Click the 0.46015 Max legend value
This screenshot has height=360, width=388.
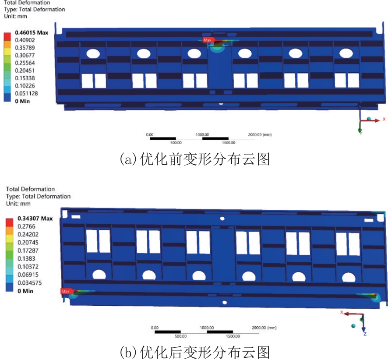32,33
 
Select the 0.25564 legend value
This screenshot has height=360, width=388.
25,63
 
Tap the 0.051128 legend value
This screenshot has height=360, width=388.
26,93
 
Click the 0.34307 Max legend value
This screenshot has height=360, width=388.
35,219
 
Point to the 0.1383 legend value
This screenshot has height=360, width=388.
26,258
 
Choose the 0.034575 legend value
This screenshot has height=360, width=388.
29,283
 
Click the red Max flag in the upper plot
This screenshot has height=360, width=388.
208,40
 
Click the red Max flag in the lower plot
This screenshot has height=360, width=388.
67,291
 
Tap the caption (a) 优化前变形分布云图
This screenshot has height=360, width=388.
195,159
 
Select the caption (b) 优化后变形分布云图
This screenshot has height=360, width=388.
195,352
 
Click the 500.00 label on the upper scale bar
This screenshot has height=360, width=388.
176,143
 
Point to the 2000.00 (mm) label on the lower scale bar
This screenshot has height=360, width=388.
264,328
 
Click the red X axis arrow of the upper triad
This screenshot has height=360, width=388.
370,120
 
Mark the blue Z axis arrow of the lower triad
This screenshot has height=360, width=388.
363,323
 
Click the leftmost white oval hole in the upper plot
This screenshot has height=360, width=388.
93,54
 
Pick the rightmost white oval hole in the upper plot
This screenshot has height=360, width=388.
346,53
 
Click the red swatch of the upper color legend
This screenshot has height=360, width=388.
7,36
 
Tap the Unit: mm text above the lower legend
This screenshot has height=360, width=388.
18,204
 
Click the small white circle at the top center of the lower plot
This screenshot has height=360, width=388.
222,219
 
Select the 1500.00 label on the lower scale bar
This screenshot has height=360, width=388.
233,336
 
